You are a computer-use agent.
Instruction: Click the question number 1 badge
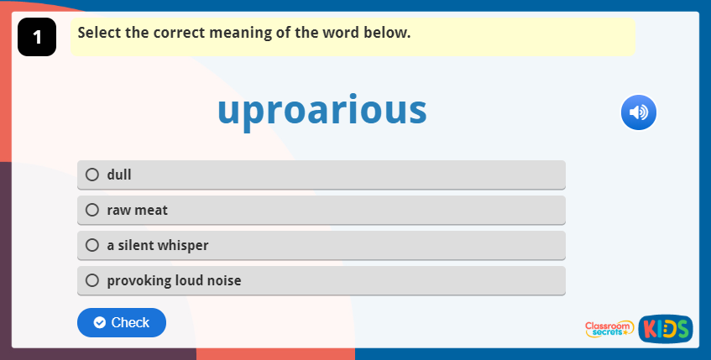pyautogui.click(x=36, y=38)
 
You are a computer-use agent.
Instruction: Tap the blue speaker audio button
pyautogui.click(x=639, y=112)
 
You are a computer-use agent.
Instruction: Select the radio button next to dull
pyautogui.click(x=92, y=175)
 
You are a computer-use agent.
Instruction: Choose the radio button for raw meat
pyautogui.click(x=92, y=210)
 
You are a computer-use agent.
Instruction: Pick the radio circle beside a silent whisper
pyautogui.click(x=92, y=245)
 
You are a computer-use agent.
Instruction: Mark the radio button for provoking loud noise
pyautogui.click(x=92, y=280)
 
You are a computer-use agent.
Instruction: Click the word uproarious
pyautogui.click(x=322, y=111)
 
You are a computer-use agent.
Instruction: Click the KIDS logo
pyautogui.click(x=665, y=329)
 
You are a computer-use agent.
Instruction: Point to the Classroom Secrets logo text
pyautogui.click(x=610, y=329)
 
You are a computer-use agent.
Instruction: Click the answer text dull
pyautogui.click(x=119, y=175)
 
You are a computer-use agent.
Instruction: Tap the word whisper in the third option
pyautogui.click(x=183, y=245)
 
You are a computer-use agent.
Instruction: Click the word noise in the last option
pyautogui.click(x=222, y=280)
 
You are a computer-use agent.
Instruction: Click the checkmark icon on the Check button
pyautogui.click(x=100, y=322)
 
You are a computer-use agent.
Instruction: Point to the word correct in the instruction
pyautogui.click(x=174, y=34)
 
